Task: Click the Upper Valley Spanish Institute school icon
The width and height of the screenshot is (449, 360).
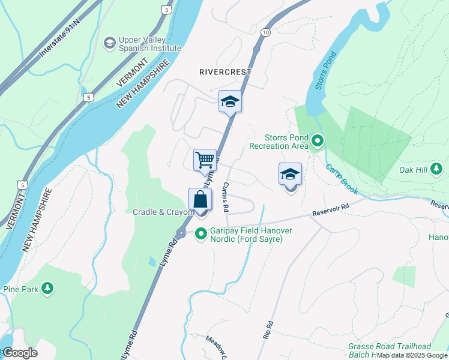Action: tap(109, 42)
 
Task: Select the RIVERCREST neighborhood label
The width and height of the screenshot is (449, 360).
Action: tap(225, 71)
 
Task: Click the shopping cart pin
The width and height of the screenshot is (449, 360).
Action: tap(205, 160)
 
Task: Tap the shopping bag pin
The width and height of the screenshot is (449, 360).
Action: tap(200, 200)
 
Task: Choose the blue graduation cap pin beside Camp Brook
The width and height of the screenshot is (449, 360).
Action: tap(290, 175)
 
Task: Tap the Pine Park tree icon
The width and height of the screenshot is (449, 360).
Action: tap(47, 289)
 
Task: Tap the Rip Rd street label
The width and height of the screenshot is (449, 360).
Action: tap(268, 331)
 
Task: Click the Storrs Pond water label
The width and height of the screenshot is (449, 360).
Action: tap(323, 68)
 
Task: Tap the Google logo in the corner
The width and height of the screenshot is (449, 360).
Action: tap(20, 353)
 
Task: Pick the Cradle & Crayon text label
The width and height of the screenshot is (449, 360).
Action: tap(163, 212)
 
